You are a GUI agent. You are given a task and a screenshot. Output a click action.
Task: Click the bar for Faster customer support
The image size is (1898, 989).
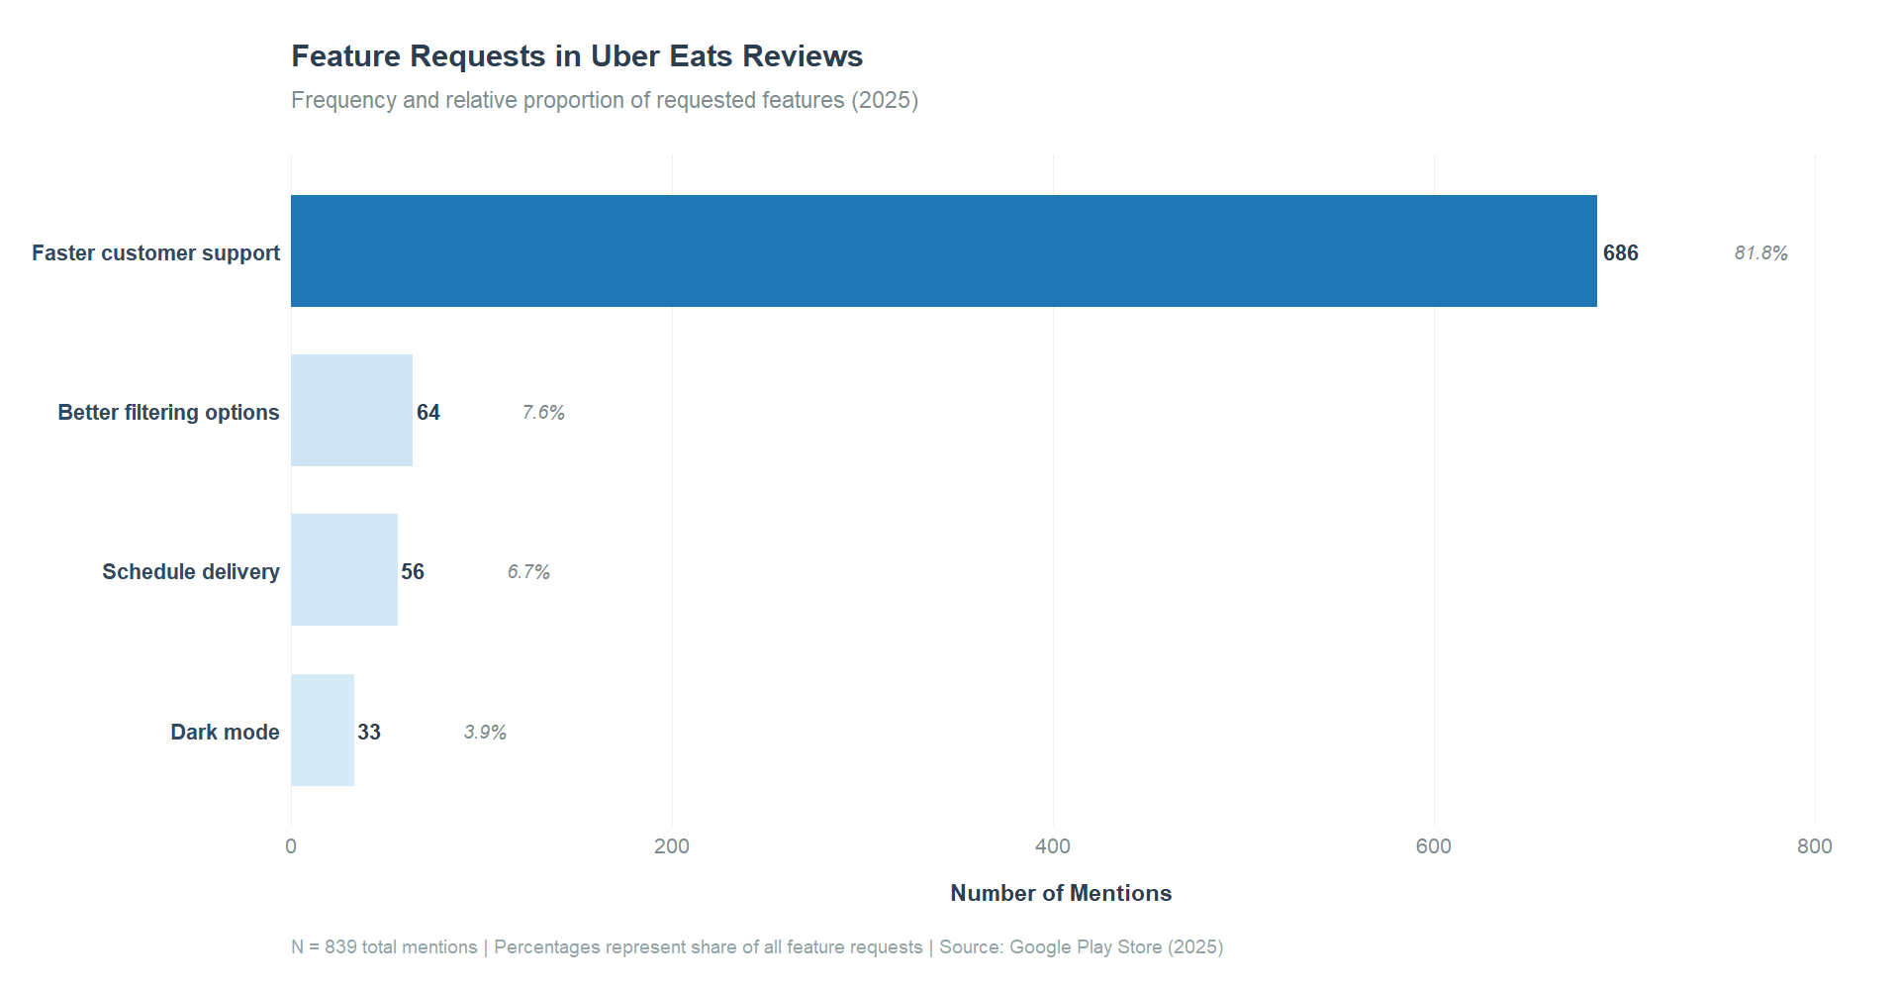coord(943,250)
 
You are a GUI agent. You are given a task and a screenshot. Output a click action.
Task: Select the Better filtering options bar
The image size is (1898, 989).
coord(351,410)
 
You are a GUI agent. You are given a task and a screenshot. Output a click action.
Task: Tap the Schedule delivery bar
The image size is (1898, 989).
coord(343,569)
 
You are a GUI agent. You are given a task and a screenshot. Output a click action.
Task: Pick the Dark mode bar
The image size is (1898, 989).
coord(322,730)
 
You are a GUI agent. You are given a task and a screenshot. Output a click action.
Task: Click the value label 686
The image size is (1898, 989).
coord(1620,252)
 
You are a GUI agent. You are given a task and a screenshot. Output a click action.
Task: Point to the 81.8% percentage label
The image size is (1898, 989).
coord(1760,252)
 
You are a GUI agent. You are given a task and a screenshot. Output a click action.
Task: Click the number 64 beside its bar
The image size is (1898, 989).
coord(427,412)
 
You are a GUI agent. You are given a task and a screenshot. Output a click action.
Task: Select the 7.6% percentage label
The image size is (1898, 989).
coord(543,412)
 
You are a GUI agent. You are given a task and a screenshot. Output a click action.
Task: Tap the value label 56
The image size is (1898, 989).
coord(412,571)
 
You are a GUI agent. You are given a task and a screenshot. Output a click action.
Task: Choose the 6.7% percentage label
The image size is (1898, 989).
coord(528,571)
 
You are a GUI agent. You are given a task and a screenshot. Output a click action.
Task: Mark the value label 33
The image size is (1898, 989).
coord(368,732)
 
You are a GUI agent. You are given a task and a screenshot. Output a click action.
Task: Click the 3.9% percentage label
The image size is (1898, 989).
coord(485,732)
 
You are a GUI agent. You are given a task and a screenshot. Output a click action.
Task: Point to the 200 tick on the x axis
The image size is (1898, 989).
coord(672,846)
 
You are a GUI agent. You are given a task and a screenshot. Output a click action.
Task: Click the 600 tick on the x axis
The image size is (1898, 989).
coord(1433,846)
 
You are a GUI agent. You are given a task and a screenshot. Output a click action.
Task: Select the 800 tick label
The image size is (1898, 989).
coord(1814,846)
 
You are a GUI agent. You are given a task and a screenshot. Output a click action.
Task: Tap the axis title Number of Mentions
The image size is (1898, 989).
coord(1061,893)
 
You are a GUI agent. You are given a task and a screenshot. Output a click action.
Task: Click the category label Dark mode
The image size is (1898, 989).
coord(225,732)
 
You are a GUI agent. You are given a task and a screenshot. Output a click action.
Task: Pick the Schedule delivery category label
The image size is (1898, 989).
coord(190,571)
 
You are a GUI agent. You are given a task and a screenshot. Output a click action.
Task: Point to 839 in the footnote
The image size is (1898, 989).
coord(340,947)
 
